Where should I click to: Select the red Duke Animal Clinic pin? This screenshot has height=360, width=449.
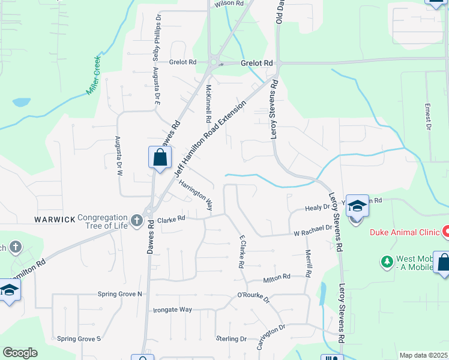[446, 230]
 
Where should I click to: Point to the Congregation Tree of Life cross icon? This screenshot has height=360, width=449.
[136, 221]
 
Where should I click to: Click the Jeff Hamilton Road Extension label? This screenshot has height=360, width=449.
[210, 139]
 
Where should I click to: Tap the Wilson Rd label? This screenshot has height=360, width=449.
[229, 4]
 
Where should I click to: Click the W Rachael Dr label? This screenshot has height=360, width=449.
[312, 230]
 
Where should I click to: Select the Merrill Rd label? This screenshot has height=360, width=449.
[308, 263]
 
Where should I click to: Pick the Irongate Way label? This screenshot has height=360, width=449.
[172, 310]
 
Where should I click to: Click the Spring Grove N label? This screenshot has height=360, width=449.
[120, 294]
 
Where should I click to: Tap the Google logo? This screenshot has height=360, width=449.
[20, 353]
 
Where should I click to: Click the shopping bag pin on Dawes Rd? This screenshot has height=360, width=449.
[160, 159]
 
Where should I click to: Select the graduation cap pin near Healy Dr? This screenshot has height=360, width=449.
[357, 206]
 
